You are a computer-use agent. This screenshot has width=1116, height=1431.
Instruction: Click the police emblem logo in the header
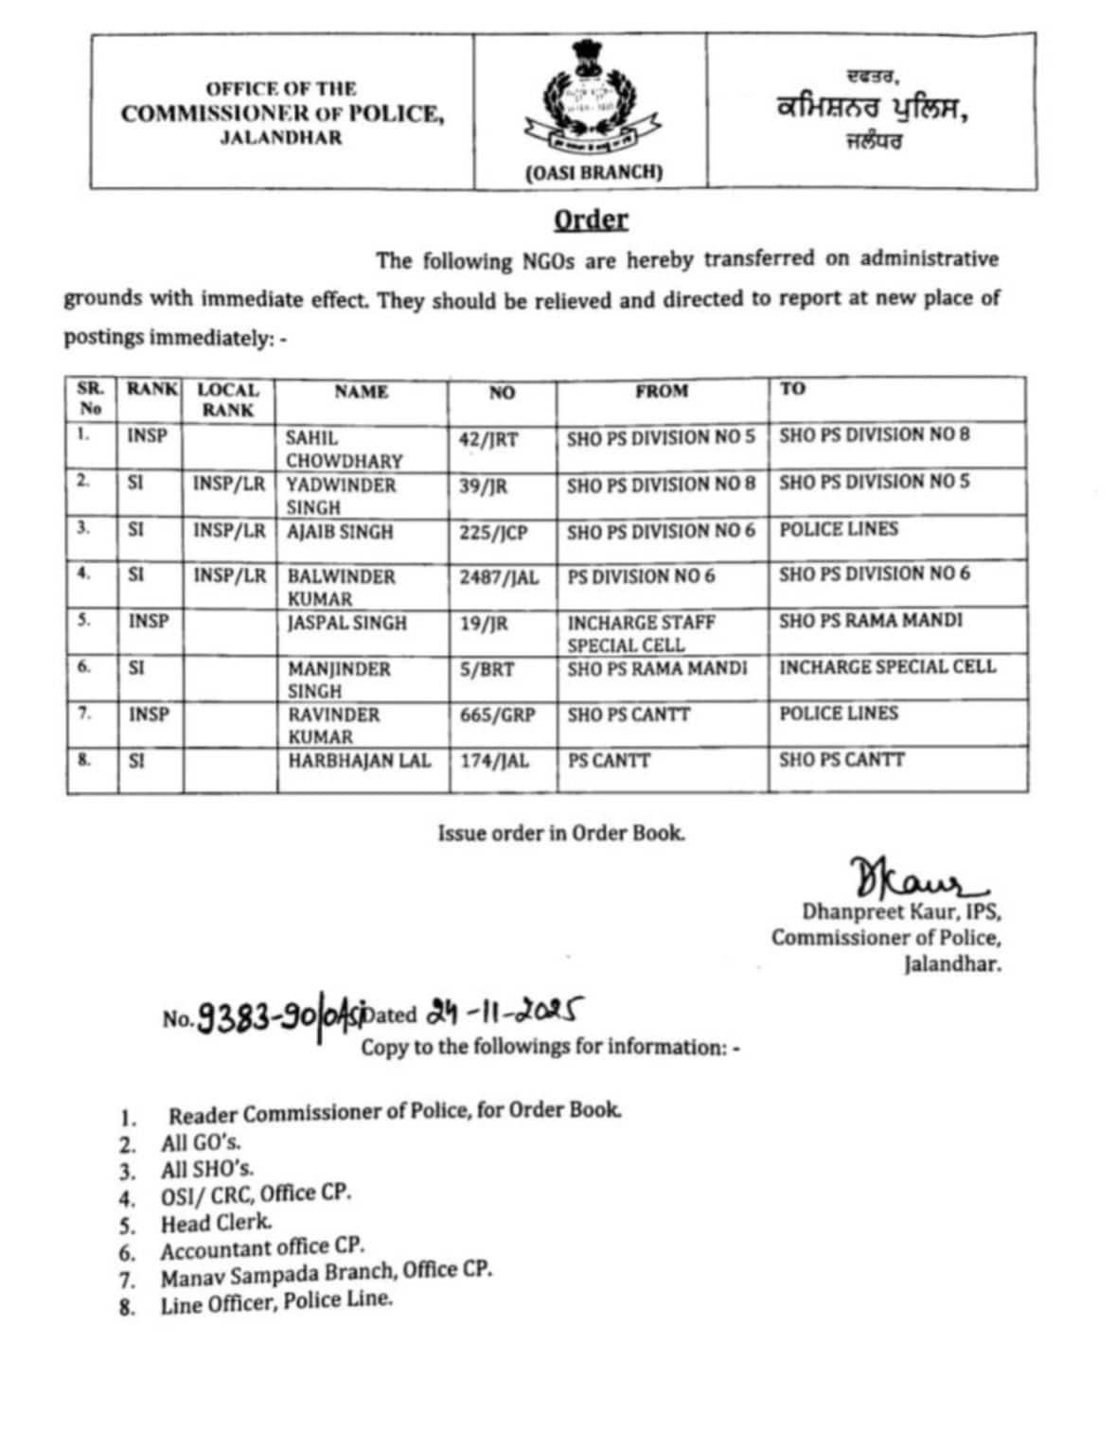click(x=589, y=104)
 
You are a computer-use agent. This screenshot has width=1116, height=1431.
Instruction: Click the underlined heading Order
click(x=591, y=220)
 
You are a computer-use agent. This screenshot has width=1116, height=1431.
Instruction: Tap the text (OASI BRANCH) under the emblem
click(x=593, y=172)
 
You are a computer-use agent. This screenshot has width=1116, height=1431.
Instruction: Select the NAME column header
click(x=361, y=391)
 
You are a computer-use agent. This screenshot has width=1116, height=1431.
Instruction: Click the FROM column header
click(x=662, y=391)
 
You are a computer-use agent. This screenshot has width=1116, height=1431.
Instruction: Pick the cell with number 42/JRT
click(x=488, y=439)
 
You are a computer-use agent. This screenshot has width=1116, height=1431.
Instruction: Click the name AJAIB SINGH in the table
click(x=340, y=532)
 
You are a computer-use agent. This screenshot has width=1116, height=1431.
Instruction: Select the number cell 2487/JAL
click(x=499, y=577)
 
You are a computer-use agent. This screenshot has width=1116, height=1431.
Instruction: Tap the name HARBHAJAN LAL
click(x=359, y=760)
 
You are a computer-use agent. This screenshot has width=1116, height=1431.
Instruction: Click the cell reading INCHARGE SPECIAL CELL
click(x=887, y=666)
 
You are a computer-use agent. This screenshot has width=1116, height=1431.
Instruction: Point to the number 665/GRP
click(x=497, y=715)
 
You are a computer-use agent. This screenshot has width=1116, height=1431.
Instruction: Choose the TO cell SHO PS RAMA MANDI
click(x=870, y=620)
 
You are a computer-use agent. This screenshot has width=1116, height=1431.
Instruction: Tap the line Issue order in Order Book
click(x=560, y=833)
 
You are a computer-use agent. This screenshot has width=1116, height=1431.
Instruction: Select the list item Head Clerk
click(x=216, y=1223)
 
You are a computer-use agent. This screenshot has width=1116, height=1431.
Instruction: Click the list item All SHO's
click(x=206, y=1169)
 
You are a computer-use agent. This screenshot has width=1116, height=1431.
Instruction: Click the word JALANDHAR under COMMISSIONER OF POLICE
click(x=281, y=138)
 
